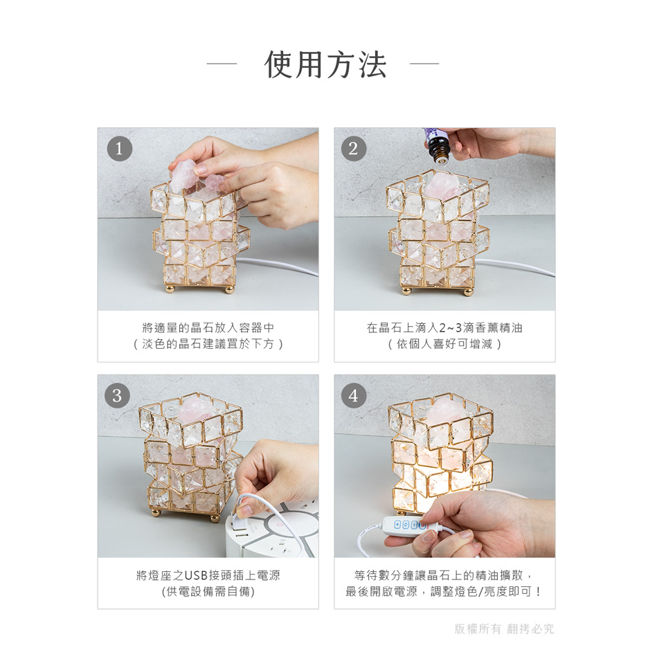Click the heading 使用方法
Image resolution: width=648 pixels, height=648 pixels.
point(325,65)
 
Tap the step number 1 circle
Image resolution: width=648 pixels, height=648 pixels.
point(120,148)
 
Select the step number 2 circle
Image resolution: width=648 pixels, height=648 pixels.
point(354,148)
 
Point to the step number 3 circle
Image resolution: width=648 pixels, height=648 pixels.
point(118,395)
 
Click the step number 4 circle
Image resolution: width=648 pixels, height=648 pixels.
point(354,395)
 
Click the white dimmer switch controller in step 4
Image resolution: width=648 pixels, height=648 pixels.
point(409,525)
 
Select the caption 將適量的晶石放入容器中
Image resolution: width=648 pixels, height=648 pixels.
point(208,328)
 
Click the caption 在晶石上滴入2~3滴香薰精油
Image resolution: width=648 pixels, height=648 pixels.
point(444,328)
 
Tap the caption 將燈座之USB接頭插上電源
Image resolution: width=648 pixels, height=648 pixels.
point(208,575)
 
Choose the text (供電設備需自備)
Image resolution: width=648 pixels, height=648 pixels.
point(208,591)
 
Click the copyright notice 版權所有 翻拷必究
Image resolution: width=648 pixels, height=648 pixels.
point(504,629)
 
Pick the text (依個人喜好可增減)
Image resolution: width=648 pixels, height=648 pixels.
point(444,344)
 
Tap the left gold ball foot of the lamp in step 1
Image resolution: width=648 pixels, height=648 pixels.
point(170,289)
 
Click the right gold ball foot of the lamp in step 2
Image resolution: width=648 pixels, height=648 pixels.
point(467,291)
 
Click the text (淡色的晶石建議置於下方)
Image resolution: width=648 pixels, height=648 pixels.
point(208,344)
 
